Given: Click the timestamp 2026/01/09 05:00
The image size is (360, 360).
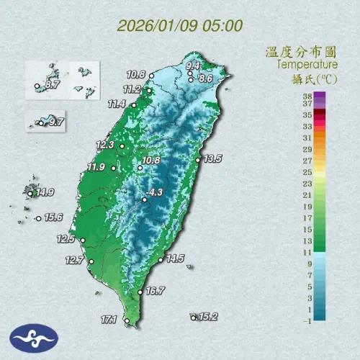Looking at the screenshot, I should coord(179,27).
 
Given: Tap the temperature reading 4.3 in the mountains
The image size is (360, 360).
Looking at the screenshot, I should coord(154,192).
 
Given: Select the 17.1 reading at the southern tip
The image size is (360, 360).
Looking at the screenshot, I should coord(109,318).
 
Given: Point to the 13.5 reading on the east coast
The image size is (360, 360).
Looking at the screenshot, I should coord(212,158).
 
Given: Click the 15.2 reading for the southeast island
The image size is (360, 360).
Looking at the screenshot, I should coord(208,316).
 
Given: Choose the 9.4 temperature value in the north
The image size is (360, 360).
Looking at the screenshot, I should coord(193,66).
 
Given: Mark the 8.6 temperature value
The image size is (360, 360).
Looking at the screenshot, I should coord(204,78).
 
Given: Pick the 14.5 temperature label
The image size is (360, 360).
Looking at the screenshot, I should coord(175,258).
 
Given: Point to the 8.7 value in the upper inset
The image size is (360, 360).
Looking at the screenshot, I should coord(52,85).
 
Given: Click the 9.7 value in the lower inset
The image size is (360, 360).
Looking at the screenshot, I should coord(55,122).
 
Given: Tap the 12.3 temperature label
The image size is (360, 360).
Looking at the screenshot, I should coord(105,145).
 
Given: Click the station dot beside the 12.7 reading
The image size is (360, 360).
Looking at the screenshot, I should coord(91,261).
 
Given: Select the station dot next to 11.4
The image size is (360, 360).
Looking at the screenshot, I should coord(133,105).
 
